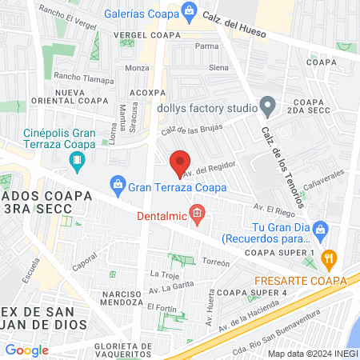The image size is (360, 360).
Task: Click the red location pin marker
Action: point(181,162)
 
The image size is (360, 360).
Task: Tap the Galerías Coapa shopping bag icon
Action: point(189,10)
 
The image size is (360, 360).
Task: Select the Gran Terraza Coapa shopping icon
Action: point(118,186)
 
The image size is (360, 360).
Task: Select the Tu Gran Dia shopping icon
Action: point(321,230)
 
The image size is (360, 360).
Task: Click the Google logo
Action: point(27,350)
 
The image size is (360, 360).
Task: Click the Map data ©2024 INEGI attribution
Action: point(312,353)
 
